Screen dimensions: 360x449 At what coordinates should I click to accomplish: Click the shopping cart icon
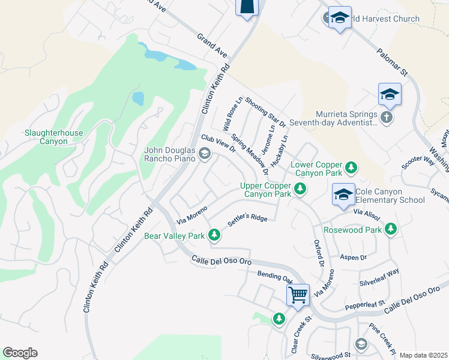pyautogui.click(x=298, y=295)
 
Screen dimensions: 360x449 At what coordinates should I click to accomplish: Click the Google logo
pyautogui.click(x=20, y=353)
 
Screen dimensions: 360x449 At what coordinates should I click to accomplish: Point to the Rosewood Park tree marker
pyautogui.click(x=391, y=229)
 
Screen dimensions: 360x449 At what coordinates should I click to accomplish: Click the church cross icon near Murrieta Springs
pyautogui.click(x=387, y=117)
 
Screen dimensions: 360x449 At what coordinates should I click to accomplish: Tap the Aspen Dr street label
pyautogui.click(x=353, y=257)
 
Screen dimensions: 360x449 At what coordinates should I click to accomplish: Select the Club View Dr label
pyautogui.click(x=218, y=146)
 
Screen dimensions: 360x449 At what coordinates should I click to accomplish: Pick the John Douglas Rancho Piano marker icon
pyautogui.click(x=205, y=154)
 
